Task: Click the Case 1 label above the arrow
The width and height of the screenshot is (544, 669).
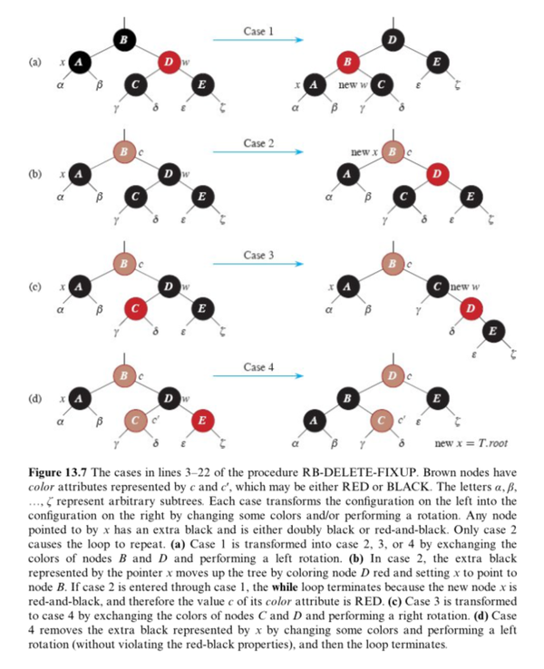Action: click(258, 31)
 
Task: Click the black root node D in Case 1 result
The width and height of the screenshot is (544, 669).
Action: click(392, 39)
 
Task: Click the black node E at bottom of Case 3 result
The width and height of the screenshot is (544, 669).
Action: click(490, 331)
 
